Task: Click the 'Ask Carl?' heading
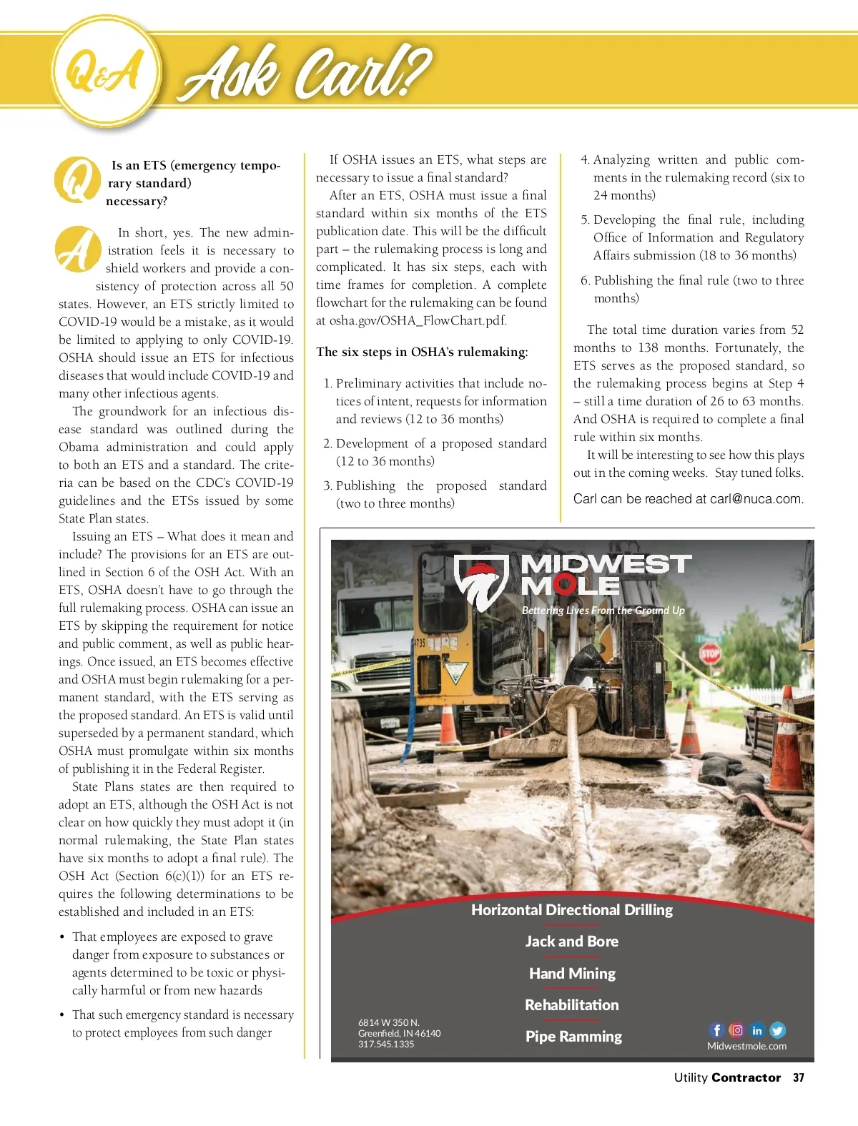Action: coord(304,72)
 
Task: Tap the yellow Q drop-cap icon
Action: coord(77,179)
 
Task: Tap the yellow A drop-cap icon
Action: coord(77,250)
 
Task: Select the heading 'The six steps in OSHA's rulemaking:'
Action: coord(422,352)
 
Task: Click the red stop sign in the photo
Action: coord(709,653)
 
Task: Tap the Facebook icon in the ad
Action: coord(716,1030)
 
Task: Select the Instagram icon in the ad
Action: coord(736,1030)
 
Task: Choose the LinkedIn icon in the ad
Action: coord(757,1030)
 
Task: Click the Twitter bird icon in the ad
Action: coord(777,1030)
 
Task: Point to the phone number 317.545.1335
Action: coord(386,1044)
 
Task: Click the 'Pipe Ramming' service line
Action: coord(573,1037)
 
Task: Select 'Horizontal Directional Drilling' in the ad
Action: coord(572,910)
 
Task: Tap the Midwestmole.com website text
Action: coord(746,1046)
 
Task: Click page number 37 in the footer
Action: coord(799,1078)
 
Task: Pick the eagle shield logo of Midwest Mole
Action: coord(481,583)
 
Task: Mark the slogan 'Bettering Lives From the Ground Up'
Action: coord(603,611)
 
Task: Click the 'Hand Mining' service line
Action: coord(572,974)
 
